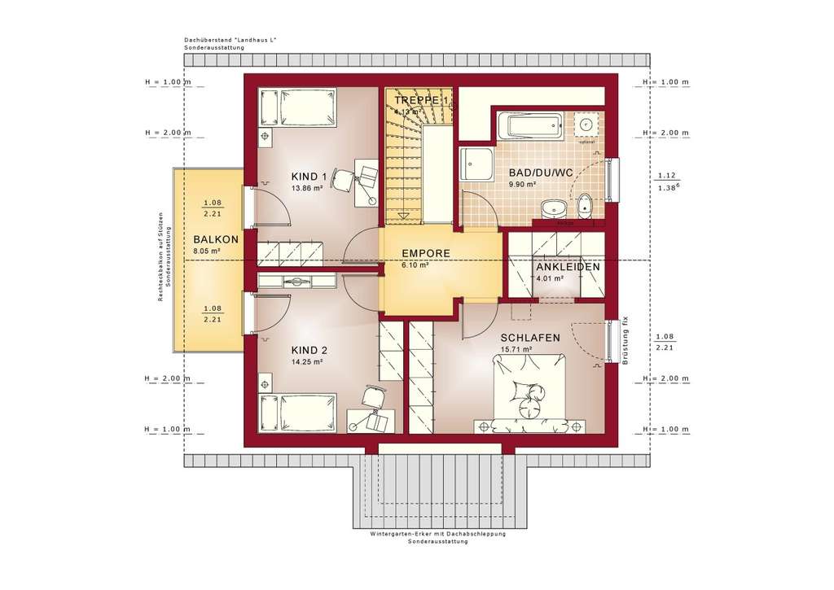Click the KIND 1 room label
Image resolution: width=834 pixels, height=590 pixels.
tap(309, 176)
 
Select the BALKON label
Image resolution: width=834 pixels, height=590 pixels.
tap(216, 239)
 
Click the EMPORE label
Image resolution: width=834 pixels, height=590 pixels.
tap(425, 253)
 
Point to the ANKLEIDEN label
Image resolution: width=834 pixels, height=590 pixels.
tap(568, 267)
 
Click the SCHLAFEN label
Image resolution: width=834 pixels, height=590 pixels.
tap(530, 337)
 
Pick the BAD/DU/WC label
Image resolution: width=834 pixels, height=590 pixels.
tap(542, 173)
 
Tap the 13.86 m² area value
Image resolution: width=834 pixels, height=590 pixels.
tap(308, 188)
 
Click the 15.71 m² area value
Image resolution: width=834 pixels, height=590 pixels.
tap(516, 349)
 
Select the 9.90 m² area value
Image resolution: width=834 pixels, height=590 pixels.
tap(522, 185)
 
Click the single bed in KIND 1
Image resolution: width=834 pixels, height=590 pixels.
tap(298, 109)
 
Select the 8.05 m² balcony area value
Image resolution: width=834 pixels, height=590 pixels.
tap(207, 251)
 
